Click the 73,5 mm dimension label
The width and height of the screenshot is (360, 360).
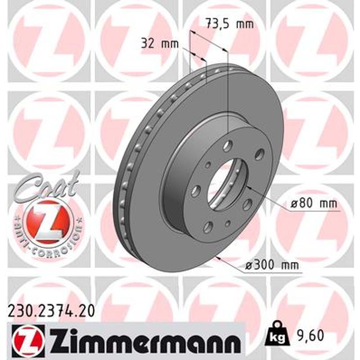coord(229,24)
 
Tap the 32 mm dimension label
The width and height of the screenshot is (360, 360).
coord(160,43)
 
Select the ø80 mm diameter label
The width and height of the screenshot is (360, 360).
coord(314,203)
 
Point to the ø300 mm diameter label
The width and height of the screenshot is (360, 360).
coord(272,265)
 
